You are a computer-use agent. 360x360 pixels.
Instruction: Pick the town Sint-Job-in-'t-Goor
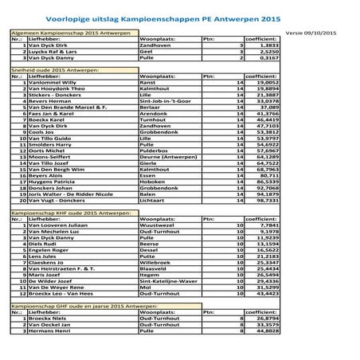tap(165, 103)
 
